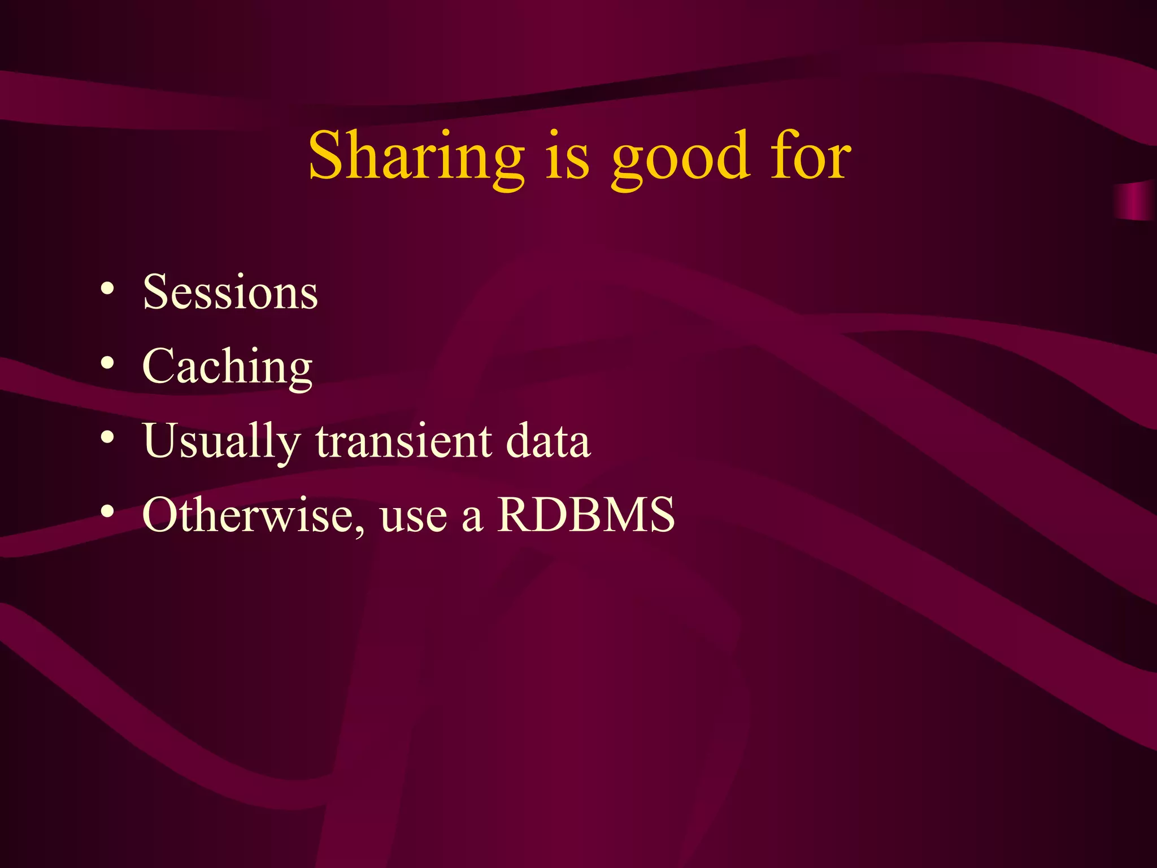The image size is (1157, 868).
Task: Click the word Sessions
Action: (x=230, y=292)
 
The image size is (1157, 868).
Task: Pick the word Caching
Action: (x=227, y=367)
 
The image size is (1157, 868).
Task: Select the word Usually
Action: (x=221, y=442)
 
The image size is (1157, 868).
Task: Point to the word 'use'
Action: (x=414, y=518)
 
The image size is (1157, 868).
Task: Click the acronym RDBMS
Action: (x=586, y=515)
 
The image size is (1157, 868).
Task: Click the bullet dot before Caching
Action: (x=107, y=363)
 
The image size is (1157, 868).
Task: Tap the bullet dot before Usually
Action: (x=107, y=437)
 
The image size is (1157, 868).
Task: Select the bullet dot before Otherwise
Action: (x=107, y=511)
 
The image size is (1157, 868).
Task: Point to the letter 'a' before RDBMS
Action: (x=472, y=519)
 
